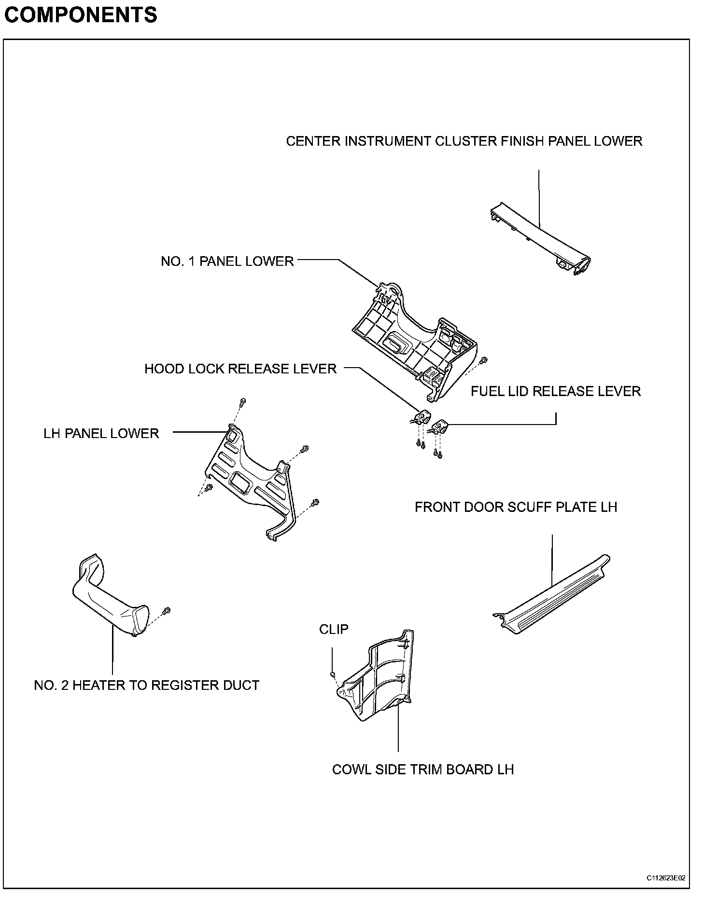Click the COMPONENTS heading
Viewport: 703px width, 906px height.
(x=80, y=15)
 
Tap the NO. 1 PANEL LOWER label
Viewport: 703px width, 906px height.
(x=227, y=261)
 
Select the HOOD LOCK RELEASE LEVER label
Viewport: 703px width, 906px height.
(x=240, y=369)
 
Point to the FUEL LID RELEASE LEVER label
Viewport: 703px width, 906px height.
(x=555, y=391)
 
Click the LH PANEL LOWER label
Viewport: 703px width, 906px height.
(x=101, y=433)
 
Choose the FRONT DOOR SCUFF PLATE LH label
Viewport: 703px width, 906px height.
(x=516, y=507)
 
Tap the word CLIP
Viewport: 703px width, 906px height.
(x=334, y=629)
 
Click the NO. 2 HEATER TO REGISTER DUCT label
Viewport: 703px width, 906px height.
(x=146, y=685)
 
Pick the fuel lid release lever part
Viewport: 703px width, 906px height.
(x=440, y=426)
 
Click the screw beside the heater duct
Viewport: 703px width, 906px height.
(x=167, y=611)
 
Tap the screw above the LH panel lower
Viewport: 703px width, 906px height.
(x=242, y=401)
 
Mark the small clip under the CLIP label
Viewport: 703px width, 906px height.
(x=333, y=673)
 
